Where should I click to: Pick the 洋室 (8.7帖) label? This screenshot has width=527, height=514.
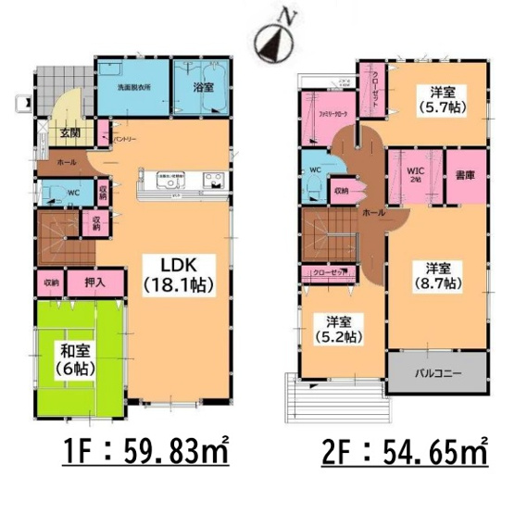[435, 276]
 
